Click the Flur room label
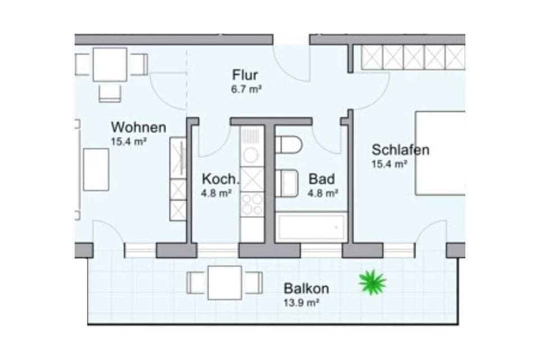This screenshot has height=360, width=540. pos(245,75)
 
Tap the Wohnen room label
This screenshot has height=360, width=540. pos(138,127)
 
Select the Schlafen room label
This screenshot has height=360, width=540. pos(400,150)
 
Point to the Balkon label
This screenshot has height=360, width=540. pos(306,289)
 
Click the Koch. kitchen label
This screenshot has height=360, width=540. pos(220,179)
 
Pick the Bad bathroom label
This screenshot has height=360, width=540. pos(322,179)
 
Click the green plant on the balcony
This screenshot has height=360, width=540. pos(372,282)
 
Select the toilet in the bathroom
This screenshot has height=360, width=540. pos(288,145)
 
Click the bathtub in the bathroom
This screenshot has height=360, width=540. pos(311,227)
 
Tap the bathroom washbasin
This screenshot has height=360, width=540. pos(287,183)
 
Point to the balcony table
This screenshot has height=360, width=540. pos(224,282)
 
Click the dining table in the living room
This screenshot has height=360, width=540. pos(110,65)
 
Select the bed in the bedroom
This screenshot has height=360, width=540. pos(440,153)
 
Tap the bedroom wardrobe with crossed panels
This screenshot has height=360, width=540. pos(413,57)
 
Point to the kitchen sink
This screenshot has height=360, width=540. pos(251,153)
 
